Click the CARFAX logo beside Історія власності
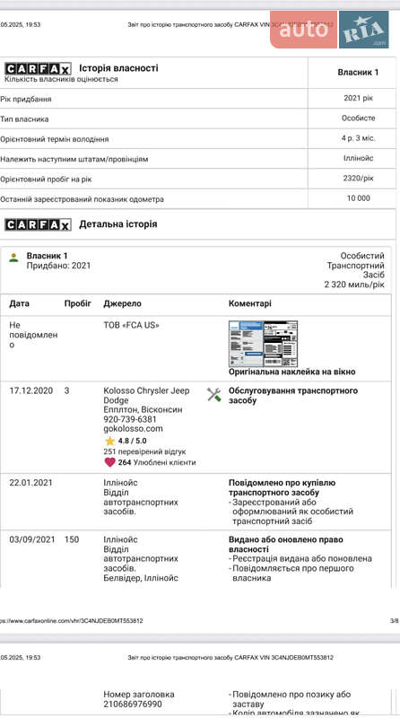tap(38, 68)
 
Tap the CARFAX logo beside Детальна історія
tap(38, 224)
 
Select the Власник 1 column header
tap(358, 72)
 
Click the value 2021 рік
tap(358, 98)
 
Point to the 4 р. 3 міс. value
tap(358, 139)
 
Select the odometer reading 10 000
tap(358, 198)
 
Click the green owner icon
tap(13, 258)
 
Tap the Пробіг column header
tap(77, 303)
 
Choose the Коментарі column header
tap(250, 303)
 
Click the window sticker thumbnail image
tap(263, 343)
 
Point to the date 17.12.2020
tap(31, 390)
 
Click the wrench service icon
tap(213, 394)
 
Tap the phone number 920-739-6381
tap(130, 419)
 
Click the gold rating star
tap(109, 441)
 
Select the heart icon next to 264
tap(109, 462)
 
